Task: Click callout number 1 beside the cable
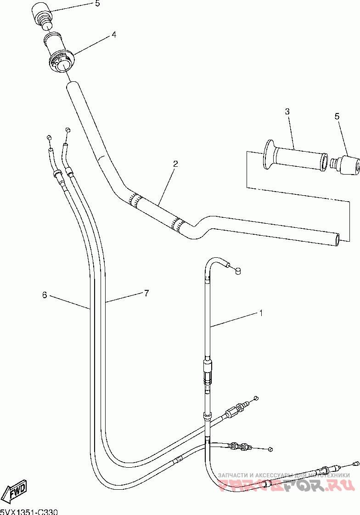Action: click(261, 313)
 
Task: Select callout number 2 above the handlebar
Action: click(175, 163)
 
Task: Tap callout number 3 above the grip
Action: click(287, 112)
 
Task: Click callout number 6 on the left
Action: click(45, 295)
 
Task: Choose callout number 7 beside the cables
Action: click(146, 293)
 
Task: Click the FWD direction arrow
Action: click(15, 492)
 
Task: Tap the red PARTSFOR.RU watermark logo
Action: click(285, 485)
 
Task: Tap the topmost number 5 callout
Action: click(97, 4)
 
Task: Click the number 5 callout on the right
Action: click(337, 117)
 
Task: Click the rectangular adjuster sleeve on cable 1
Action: click(208, 368)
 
